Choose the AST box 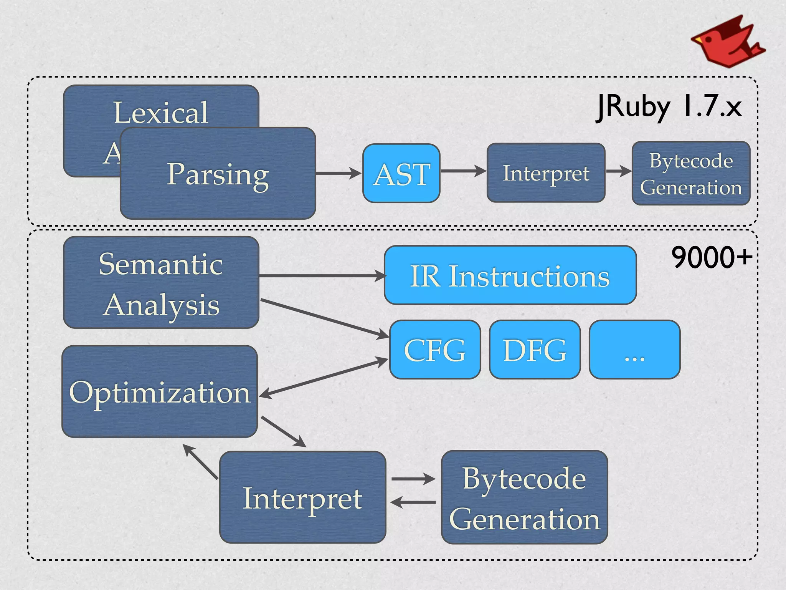click(x=401, y=174)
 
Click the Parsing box click(x=218, y=174)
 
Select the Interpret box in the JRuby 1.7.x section click(x=545, y=173)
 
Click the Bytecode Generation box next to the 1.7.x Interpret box click(x=691, y=174)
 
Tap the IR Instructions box click(x=510, y=275)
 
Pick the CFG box click(x=435, y=350)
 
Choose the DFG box click(x=535, y=350)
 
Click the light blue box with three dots click(x=634, y=350)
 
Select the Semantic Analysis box click(x=161, y=283)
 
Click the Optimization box click(x=160, y=392)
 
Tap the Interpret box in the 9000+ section click(x=302, y=497)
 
